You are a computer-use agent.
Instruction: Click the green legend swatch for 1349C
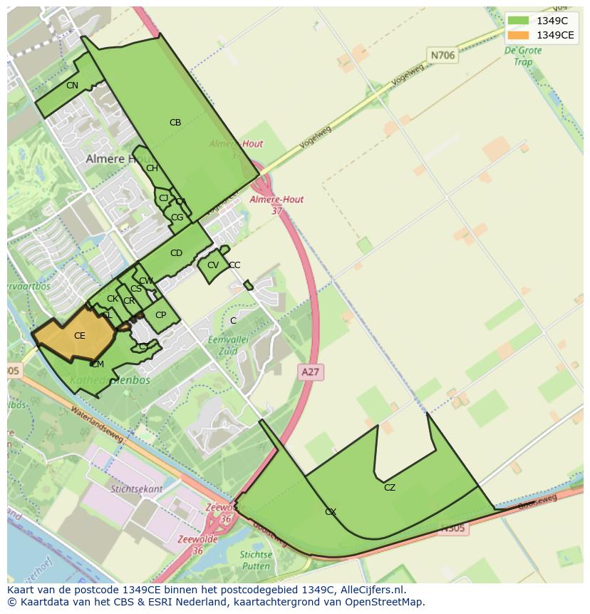pyautogui.click(x=518, y=20)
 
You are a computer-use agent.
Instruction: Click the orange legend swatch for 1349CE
pyautogui.click(x=518, y=35)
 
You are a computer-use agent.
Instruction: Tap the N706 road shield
pyautogui.click(x=442, y=54)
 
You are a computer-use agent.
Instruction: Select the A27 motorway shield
pyautogui.click(x=310, y=372)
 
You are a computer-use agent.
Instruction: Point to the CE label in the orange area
pyautogui.click(x=79, y=336)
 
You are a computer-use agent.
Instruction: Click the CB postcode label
pyautogui.click(x=175, y=123)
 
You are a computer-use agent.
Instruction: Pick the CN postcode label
pyautogui.click(x=72, y=86)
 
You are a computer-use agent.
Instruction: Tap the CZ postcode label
pyautogui.click(x=389, y=488)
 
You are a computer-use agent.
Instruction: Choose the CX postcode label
pyautogui.click(x=331, y=512)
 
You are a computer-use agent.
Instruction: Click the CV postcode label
pyautogui.click(x=212, y=265)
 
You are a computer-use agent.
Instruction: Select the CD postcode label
pyautogui.click(x=176, y=253)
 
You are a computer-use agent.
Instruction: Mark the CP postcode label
pyautogui.click(x=160, y=315)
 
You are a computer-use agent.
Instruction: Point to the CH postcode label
pyautogui.click(x=152, y=168)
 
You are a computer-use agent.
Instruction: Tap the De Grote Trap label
pyautogui.click(x=522, y=56)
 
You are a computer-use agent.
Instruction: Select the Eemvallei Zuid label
pyautogui.click(x=227, y=346)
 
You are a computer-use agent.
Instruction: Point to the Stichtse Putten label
pyautogui.click(x=256, y=560)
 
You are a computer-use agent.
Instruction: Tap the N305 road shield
pyautogui.click(x=452, y=528)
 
